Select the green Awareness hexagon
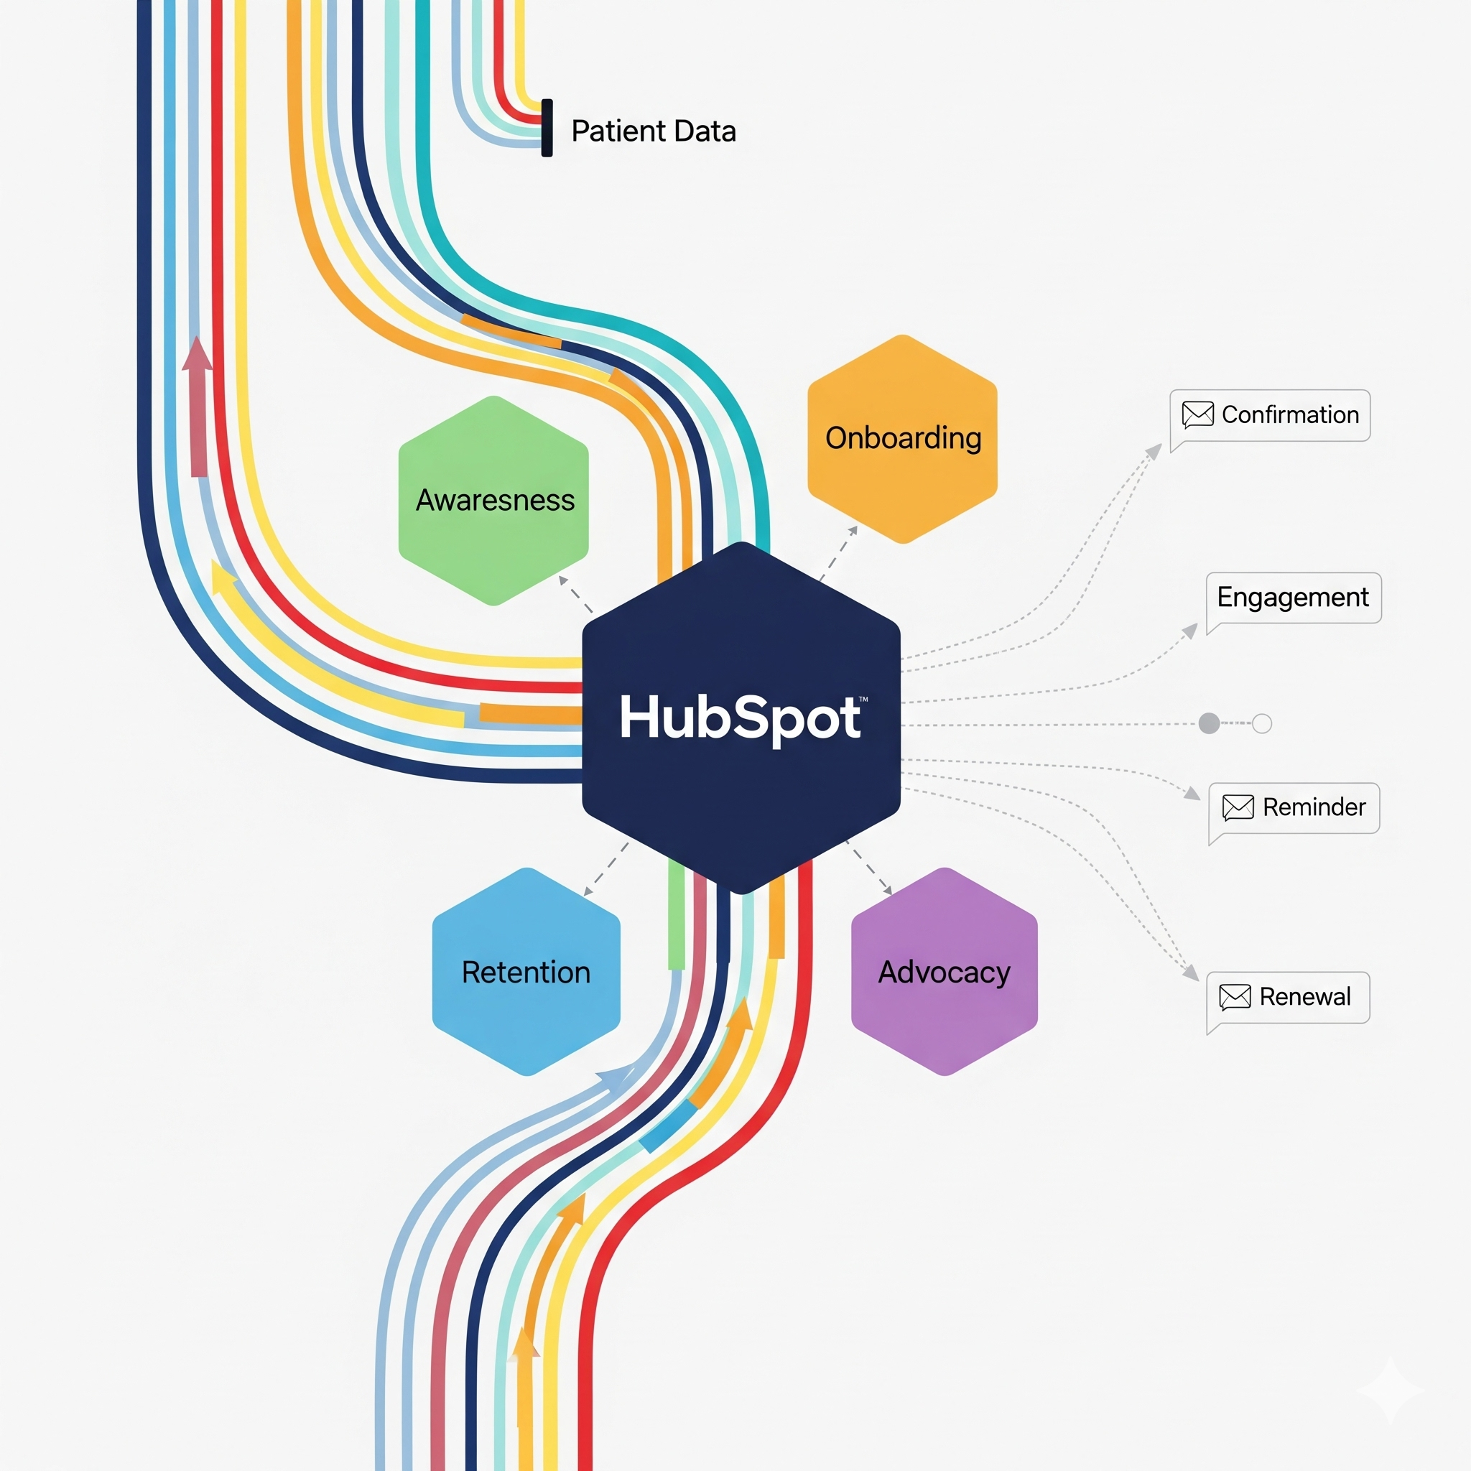pos(493,500)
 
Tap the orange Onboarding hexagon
pos(902,439)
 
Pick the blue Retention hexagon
pos(526,972)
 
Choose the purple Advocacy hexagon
pos(944,972)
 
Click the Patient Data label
pos(654,131)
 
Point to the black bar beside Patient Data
pos(547,128)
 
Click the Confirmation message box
pos(1270,415)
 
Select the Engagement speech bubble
pos(1293,598)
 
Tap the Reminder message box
pos(1294,807)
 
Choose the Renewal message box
pos(1289,997)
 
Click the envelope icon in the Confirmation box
pos(1197,415)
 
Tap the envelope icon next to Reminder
pos(1238,807)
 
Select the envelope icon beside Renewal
pos(1235,997)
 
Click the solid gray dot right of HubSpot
pos(1209,723)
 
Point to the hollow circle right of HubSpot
pos(1261,723)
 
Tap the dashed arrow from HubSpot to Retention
pos(606,870)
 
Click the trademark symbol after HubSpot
pos(863,698)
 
